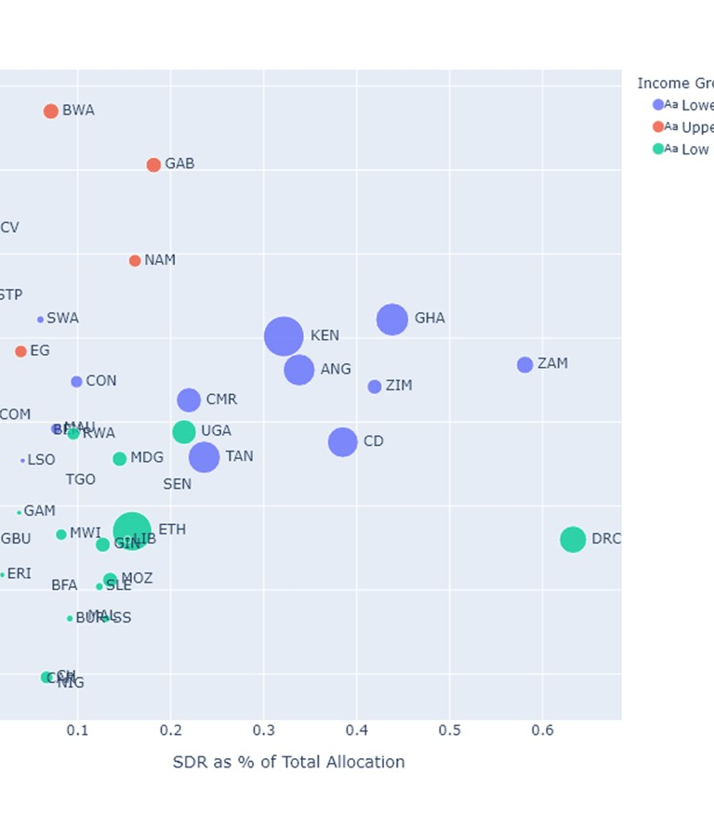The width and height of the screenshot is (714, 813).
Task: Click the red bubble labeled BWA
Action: (x=51, y=111)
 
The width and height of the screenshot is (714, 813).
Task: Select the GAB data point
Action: (x=153, y=165)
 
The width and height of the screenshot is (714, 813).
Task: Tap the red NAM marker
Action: (x=135, y=261)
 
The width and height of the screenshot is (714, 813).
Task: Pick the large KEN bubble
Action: (x=284, y=336)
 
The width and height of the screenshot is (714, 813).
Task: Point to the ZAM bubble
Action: (x=525, y=365)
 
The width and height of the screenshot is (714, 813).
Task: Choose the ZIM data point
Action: (x=375, y=387)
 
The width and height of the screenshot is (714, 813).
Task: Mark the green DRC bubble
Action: (x=573, y=539)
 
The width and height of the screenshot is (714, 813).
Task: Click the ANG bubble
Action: (x=298, y=370)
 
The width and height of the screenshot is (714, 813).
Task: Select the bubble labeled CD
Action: (x=342, y=442)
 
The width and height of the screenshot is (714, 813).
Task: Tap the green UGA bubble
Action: (x=184, y=432)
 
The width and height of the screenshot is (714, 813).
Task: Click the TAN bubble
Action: (x=204, y=457)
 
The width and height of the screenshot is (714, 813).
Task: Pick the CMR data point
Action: (x=189, y=400)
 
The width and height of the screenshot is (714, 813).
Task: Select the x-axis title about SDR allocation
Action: (x=288, y=763)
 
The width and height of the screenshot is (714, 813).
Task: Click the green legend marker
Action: (x=658, y=149)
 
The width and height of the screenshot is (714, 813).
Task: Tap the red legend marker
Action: (x=658, y=127)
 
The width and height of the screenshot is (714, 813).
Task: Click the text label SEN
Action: (x=177, y=484)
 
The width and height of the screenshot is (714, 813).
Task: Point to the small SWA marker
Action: (x=40, y=320)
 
